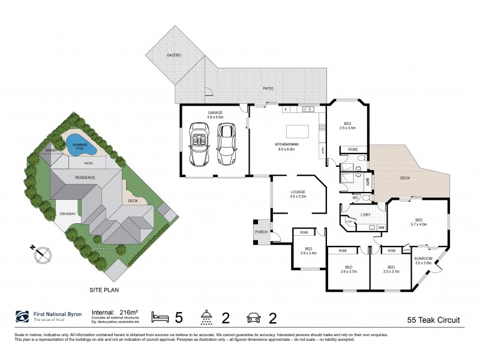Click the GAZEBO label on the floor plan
click(174, 55)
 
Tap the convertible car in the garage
click(199, 145)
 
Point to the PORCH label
click(262, 232)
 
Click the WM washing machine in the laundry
click(381, 227)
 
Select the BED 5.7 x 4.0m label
click(418, 222)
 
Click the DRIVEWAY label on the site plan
click(67, 214)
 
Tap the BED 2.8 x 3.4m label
click(308, 251)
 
